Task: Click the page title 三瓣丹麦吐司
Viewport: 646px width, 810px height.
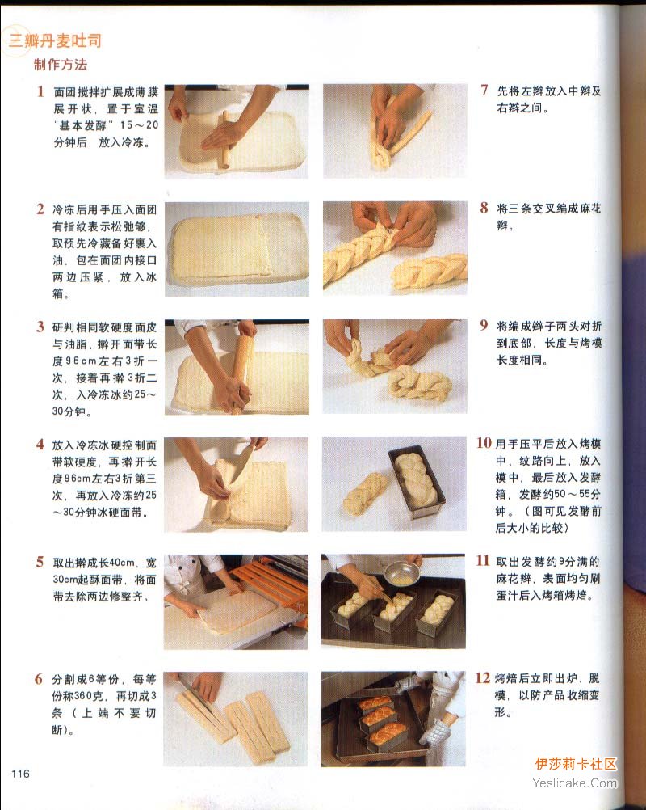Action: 55,40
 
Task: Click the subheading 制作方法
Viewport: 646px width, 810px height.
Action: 61,65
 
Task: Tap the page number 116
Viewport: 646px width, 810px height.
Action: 21,774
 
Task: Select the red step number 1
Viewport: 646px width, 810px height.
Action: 40,91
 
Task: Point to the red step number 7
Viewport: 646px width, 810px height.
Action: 484,91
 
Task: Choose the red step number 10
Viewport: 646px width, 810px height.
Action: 484,443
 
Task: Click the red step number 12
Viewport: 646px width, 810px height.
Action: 482,677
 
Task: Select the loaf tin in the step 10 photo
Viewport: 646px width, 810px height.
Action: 417,483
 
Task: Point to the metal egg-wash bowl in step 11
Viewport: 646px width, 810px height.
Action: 402,573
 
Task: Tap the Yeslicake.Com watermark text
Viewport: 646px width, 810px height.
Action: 575,783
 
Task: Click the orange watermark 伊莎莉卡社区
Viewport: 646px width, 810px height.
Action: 576,764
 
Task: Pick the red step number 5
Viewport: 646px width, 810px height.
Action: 40,562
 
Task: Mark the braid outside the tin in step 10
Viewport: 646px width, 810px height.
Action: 365,493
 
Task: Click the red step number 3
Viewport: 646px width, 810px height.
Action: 40,327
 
